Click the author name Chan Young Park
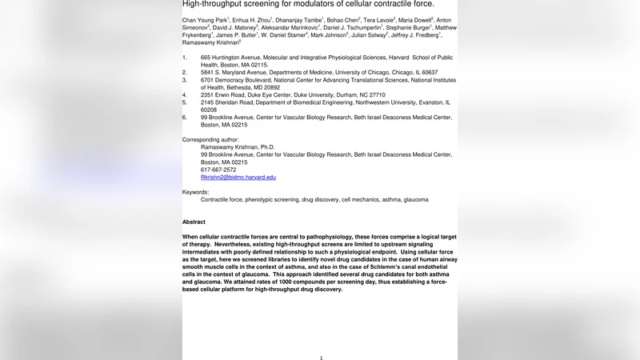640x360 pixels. tap(204, 19)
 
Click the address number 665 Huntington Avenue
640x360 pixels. tap(238, 58)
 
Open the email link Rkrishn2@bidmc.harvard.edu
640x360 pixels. tap(238, 178)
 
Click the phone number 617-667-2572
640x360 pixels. tap(218, 170)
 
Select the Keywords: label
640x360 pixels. tap(195, 192)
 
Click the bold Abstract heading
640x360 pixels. tap(194, 222)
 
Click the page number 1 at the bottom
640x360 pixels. tap(321, 358)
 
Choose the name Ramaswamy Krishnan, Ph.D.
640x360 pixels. tap(238, 147)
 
